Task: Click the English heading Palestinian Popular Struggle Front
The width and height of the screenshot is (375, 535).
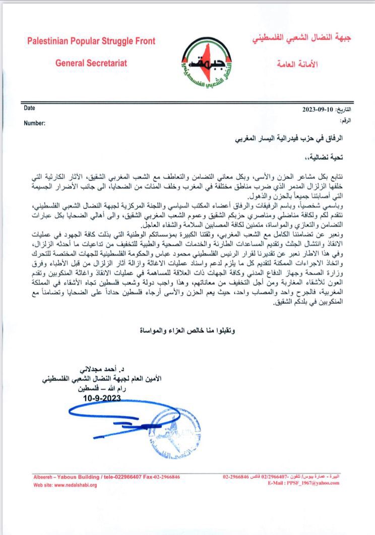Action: click(91, 41)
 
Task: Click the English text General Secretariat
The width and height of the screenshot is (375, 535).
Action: click(91, 63)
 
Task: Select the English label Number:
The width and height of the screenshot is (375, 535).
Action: click(35, 122)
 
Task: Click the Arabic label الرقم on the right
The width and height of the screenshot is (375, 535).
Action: click(346, 121)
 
